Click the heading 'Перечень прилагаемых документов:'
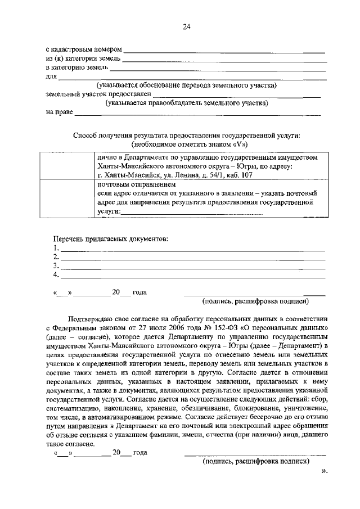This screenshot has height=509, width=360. point(110,238)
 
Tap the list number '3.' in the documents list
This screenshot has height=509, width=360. point(56,266)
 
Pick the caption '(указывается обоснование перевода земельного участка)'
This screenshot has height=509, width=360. point(186,85)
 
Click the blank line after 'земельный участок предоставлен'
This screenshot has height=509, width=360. point(236,94)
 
